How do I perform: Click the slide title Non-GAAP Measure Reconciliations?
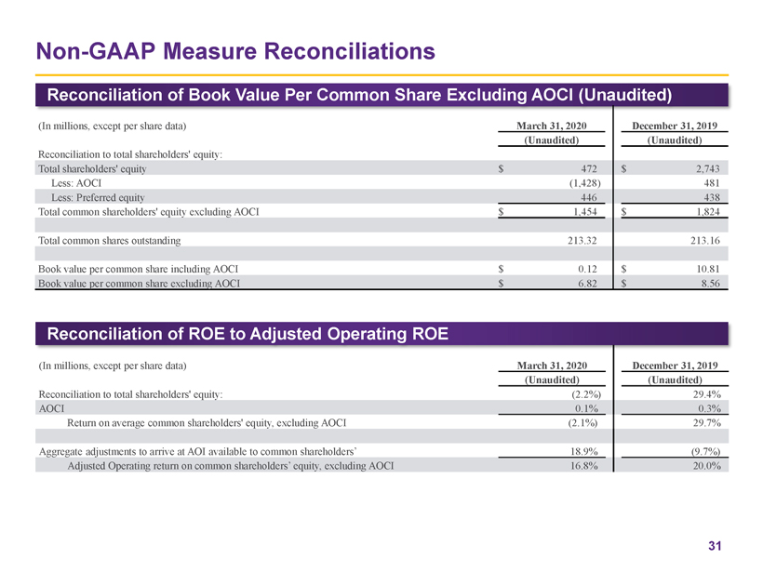[234, 49]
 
